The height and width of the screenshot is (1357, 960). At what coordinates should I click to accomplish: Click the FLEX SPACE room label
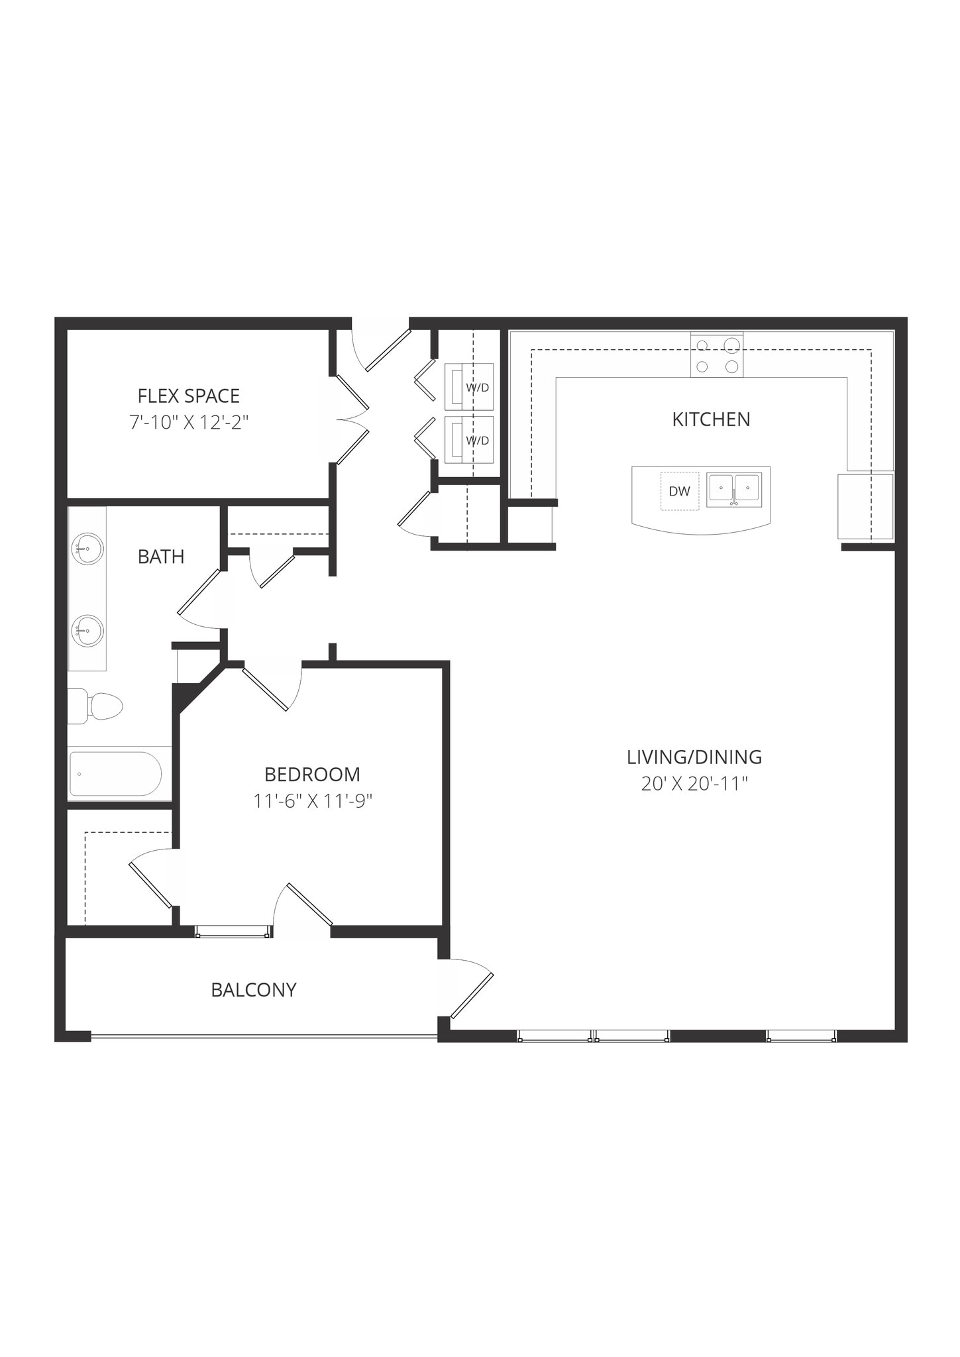point(188,396)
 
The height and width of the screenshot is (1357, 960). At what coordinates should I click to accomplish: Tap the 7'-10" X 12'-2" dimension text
point(188,422)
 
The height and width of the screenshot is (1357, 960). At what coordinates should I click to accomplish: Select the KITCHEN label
point(711,419)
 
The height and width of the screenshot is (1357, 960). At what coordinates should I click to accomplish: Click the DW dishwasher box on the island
point(679,491)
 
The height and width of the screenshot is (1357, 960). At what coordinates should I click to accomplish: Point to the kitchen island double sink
point(733,490)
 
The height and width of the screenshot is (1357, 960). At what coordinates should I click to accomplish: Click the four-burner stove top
point(717,355)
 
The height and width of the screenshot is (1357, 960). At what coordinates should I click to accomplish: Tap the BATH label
point(161,557)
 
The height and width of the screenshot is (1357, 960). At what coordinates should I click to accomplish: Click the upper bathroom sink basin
point(87,549)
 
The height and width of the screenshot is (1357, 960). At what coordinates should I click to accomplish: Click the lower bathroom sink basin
point(87,630)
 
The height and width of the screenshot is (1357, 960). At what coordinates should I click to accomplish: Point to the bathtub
point(115,774)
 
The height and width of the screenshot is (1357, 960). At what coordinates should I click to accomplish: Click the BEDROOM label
point(312,774)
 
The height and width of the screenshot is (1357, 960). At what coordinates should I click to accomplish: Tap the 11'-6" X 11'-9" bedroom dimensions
point(312,801)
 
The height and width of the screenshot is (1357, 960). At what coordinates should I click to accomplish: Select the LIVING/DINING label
point(694,757)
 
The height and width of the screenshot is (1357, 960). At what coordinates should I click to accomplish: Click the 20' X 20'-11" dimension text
point(694,784)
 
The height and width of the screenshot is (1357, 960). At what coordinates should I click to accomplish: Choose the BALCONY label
point(253,989)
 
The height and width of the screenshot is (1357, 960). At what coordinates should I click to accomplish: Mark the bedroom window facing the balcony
point(233,932)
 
